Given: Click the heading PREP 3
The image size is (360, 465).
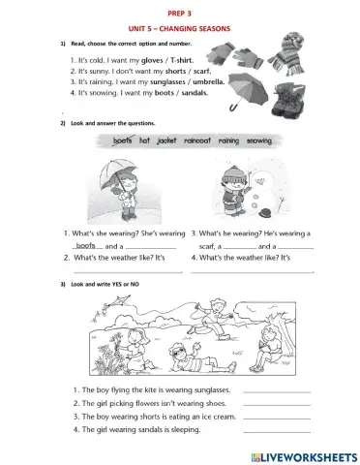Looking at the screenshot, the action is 180,15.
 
